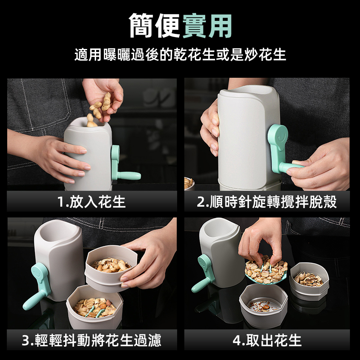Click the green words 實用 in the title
click(x=207, y=26)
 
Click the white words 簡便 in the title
click(x=155, y=26)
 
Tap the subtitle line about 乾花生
click(x=180, y=55)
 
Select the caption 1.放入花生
click(x=92, y=202)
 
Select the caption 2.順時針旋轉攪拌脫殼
click(x=267, y=202)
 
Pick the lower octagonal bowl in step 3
click(x=94, y=306)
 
